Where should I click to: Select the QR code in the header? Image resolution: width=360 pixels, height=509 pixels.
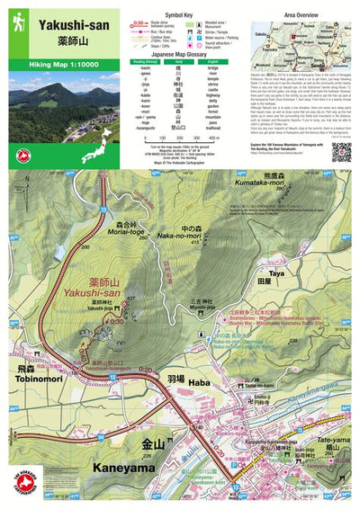340,152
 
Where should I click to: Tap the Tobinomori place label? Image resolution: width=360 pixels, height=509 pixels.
26,376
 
